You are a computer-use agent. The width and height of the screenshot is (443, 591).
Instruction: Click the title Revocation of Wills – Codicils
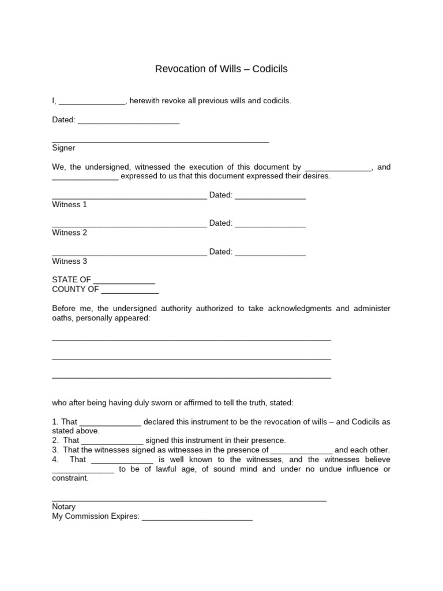click(221, 69)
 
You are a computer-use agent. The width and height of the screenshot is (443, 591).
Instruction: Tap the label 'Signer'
click(63, 148)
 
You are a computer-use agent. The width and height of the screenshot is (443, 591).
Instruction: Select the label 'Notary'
click(63, 507)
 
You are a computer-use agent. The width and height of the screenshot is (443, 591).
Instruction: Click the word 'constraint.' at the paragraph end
click(70, 478)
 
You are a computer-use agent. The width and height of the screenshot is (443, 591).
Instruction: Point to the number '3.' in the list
click(55, 450)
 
